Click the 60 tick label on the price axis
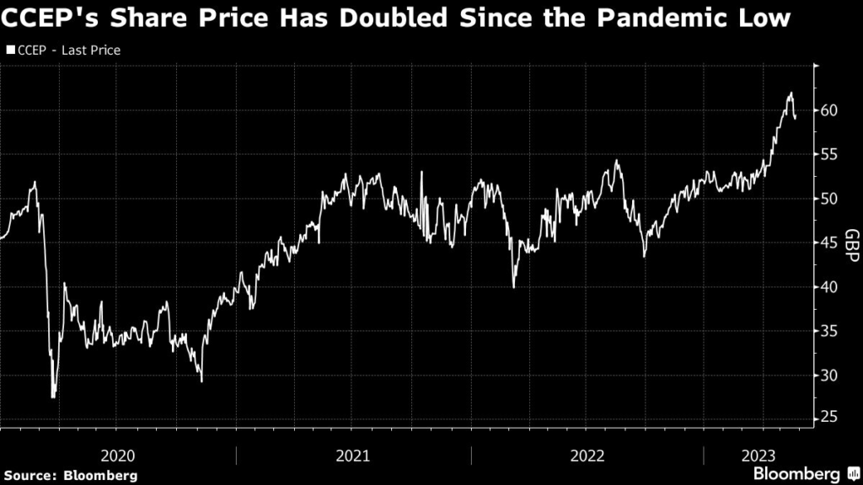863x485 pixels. pos(828,110)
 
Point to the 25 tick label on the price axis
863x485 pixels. pos(828,418)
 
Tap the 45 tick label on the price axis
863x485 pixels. pos(828,242)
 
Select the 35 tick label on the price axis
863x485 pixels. pos(828,331)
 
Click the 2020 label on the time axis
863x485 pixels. pos(117,456)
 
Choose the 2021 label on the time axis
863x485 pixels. pos(352,456)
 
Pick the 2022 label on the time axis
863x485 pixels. pos(587,456)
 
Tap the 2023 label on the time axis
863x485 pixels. pos(754,456)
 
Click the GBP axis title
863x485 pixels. pos(851,246)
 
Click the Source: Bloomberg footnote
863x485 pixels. pos(69,476)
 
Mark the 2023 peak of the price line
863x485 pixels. pos(791,93)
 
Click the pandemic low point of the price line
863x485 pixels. pos(54,397)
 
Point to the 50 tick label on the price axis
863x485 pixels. pos(828,199)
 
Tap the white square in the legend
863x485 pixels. pos(10,51)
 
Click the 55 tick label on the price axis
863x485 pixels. pos(828,154)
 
